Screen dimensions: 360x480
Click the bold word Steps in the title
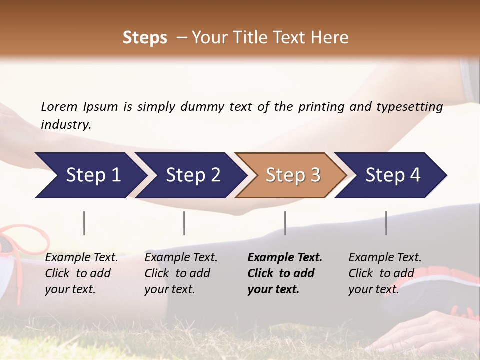[145, 38]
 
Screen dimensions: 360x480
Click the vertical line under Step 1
[84, 223]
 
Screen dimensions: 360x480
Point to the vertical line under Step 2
[184, 223]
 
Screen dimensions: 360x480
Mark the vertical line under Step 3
[285, 223]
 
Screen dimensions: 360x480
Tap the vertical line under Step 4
[386, 223]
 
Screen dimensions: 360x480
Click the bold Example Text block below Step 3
[285, 273]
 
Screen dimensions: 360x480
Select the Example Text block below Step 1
[81, 273]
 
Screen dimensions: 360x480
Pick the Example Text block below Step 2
[181, 273]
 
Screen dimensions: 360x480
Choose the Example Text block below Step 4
[385, 273]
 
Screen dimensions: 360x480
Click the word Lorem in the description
[59, 106]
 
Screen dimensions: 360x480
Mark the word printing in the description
[321, 107]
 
